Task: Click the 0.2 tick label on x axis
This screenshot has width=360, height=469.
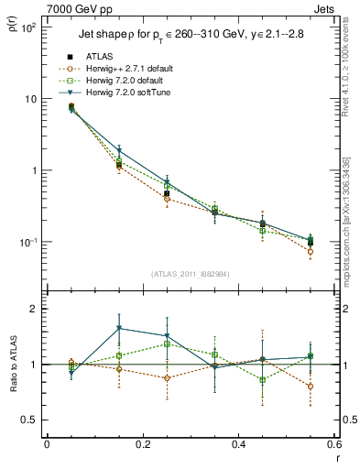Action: point(143,445)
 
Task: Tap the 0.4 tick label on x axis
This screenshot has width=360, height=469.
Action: point(239,445)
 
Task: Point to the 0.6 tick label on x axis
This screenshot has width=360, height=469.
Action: point(334,445)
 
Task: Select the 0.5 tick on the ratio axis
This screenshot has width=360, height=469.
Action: point(29,420)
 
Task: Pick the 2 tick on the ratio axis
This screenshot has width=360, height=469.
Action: point(35,309)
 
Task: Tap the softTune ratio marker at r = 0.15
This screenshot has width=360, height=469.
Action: point(119,328)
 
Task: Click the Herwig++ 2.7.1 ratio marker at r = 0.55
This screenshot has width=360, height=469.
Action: point(311,386)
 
